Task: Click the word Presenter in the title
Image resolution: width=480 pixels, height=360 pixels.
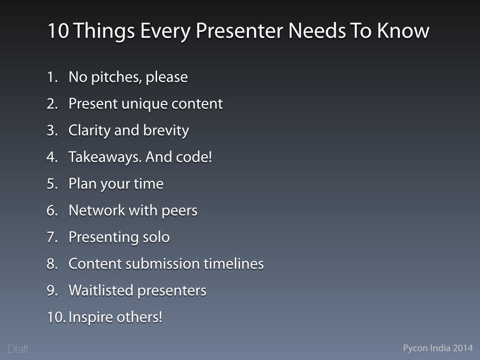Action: pos(240,30)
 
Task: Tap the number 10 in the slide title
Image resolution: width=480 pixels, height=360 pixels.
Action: pos(58,30)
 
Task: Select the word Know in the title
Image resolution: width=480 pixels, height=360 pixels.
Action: pos(403,30)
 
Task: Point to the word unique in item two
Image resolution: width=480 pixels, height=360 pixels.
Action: pos(144,104)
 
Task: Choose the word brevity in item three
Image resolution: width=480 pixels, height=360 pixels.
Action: pos(166,131)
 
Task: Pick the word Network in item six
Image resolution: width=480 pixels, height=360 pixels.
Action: pos(97,210)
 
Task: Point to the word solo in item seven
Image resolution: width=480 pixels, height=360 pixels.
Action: pos(156,237)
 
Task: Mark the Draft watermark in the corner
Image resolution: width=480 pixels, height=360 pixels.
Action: pos(18,349)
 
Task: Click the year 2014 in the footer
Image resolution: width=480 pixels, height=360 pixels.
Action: pos(463,348)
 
